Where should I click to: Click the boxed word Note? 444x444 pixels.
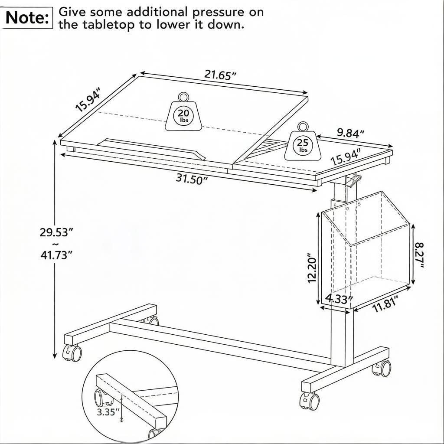[x=27, y=17]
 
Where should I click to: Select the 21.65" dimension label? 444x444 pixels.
[x=220, y=75]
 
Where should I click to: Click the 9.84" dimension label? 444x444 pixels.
[x=350, y=133]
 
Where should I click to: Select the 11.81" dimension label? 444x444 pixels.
[x=385, y=304]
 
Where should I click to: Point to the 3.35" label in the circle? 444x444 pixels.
[x=107, y=412]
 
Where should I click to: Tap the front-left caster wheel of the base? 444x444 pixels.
[x=72, y=353]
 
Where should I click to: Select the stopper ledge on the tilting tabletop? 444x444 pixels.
[x=152, y=148]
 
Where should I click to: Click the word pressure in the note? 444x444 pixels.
[x=218, y=13]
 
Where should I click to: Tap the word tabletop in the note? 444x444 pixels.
[x=108, y=25]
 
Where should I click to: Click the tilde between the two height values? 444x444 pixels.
[x=56, y=244]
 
